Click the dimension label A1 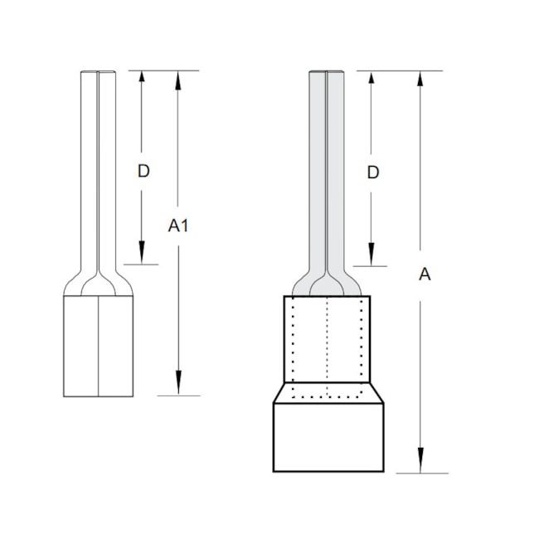178,225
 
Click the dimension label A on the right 424,274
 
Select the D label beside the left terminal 143,171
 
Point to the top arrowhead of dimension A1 178,80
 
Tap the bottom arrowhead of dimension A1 178,386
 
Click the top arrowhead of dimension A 421,80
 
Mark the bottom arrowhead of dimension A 421,464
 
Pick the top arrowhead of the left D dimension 142,80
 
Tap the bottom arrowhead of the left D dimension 142,255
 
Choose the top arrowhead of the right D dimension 371,80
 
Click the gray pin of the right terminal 328,166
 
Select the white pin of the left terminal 98,166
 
